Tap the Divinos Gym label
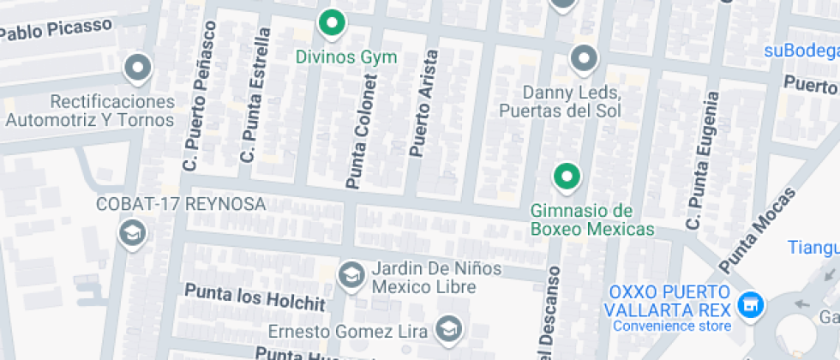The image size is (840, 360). click(x=346, y=58)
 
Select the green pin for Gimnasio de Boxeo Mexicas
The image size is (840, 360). click(x=565, y=177)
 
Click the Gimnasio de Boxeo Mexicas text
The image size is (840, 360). click(x=592, y=219)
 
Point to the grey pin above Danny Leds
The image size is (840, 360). click(x=584, y=58)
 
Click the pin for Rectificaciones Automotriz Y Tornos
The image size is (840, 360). click(x=137, y=67)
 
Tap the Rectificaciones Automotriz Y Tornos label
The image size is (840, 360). click(x=88, y=111)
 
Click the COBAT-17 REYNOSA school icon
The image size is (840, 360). click(x=132, y=233)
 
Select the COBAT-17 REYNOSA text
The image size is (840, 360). click(x=181, y=205)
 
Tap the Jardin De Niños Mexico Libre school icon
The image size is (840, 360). click(x=350, y=275)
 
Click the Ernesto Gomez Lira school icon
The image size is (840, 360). click(x=448, y=327)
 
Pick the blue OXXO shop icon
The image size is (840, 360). click(x=752, y=303)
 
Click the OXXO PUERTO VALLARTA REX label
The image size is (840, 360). click(x=670, y=300)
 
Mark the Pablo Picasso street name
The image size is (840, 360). click(x=57, y=30)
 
